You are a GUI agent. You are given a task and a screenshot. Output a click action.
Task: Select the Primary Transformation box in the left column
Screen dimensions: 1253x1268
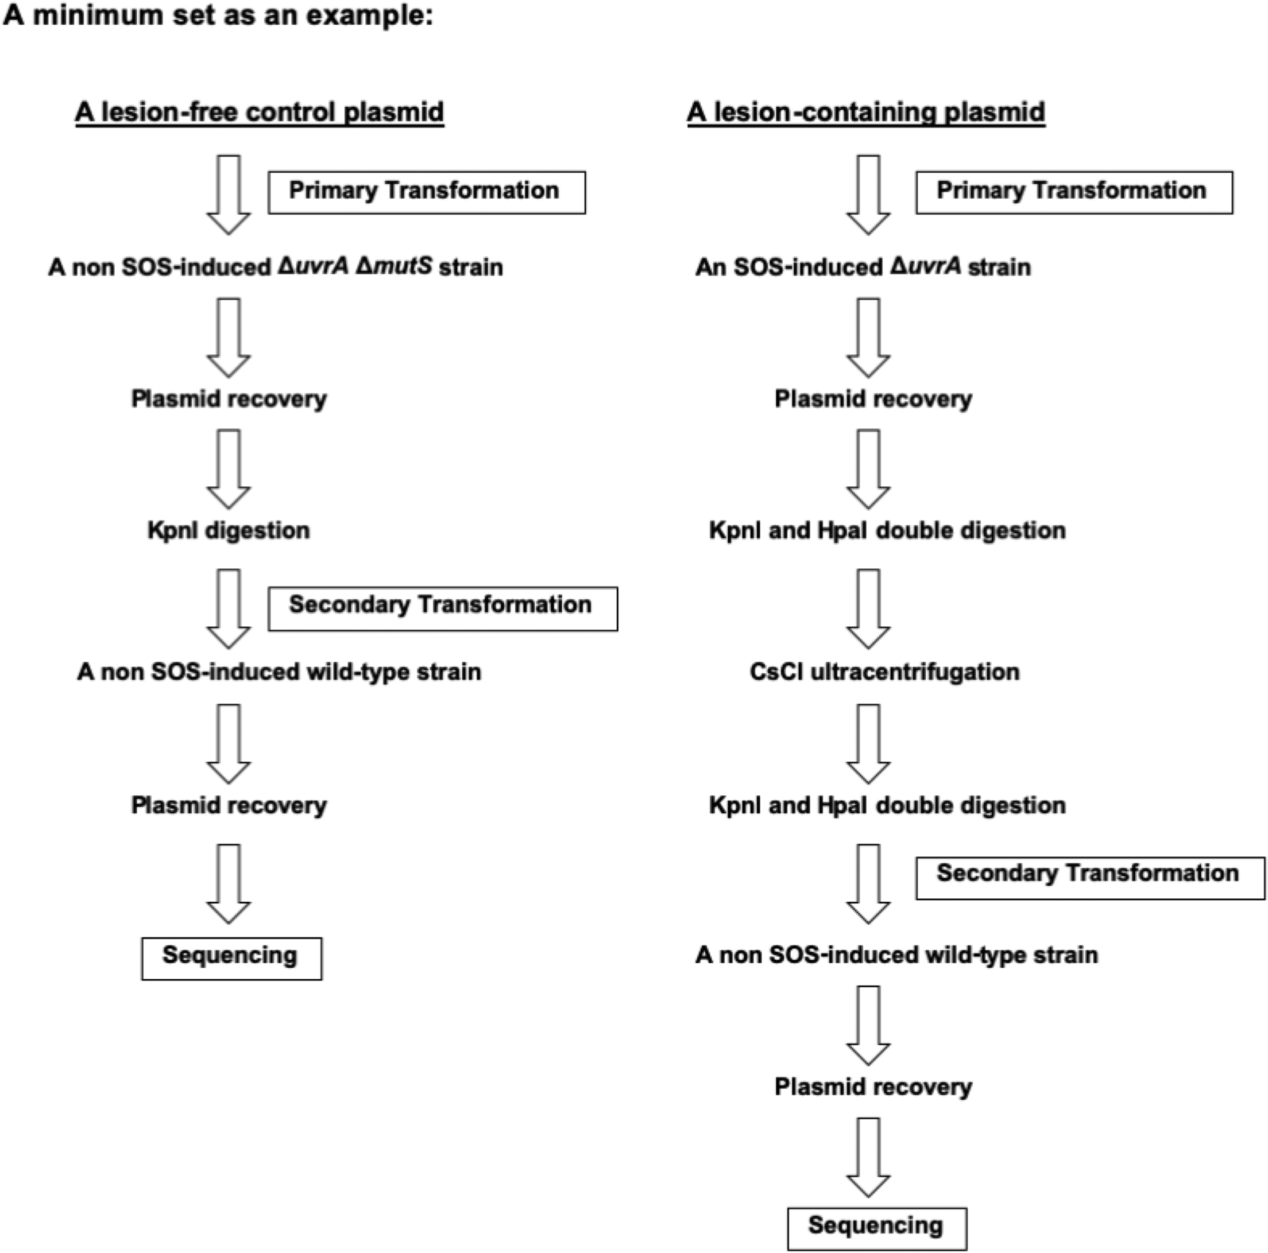427,192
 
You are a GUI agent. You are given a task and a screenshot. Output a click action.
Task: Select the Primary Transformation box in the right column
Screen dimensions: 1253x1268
1074,192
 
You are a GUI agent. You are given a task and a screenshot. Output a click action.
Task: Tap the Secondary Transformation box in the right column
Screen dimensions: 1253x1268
1089,877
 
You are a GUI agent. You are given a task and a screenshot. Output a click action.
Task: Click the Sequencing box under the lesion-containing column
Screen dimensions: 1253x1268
877,1228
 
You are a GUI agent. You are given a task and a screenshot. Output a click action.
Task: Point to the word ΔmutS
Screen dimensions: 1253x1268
394,266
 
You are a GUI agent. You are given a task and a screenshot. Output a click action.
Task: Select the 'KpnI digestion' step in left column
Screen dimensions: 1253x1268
229,530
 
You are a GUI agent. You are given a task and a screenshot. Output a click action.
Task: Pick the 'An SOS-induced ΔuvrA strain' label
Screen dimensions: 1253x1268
863,267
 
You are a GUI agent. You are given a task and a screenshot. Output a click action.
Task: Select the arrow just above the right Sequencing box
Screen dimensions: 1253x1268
868,1157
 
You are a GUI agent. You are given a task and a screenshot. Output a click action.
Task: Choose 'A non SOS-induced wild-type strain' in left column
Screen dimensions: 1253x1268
279,672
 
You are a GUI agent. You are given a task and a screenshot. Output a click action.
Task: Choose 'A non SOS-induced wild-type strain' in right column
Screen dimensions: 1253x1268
896,955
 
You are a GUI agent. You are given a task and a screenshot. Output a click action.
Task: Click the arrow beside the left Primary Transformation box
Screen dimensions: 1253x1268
229,194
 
